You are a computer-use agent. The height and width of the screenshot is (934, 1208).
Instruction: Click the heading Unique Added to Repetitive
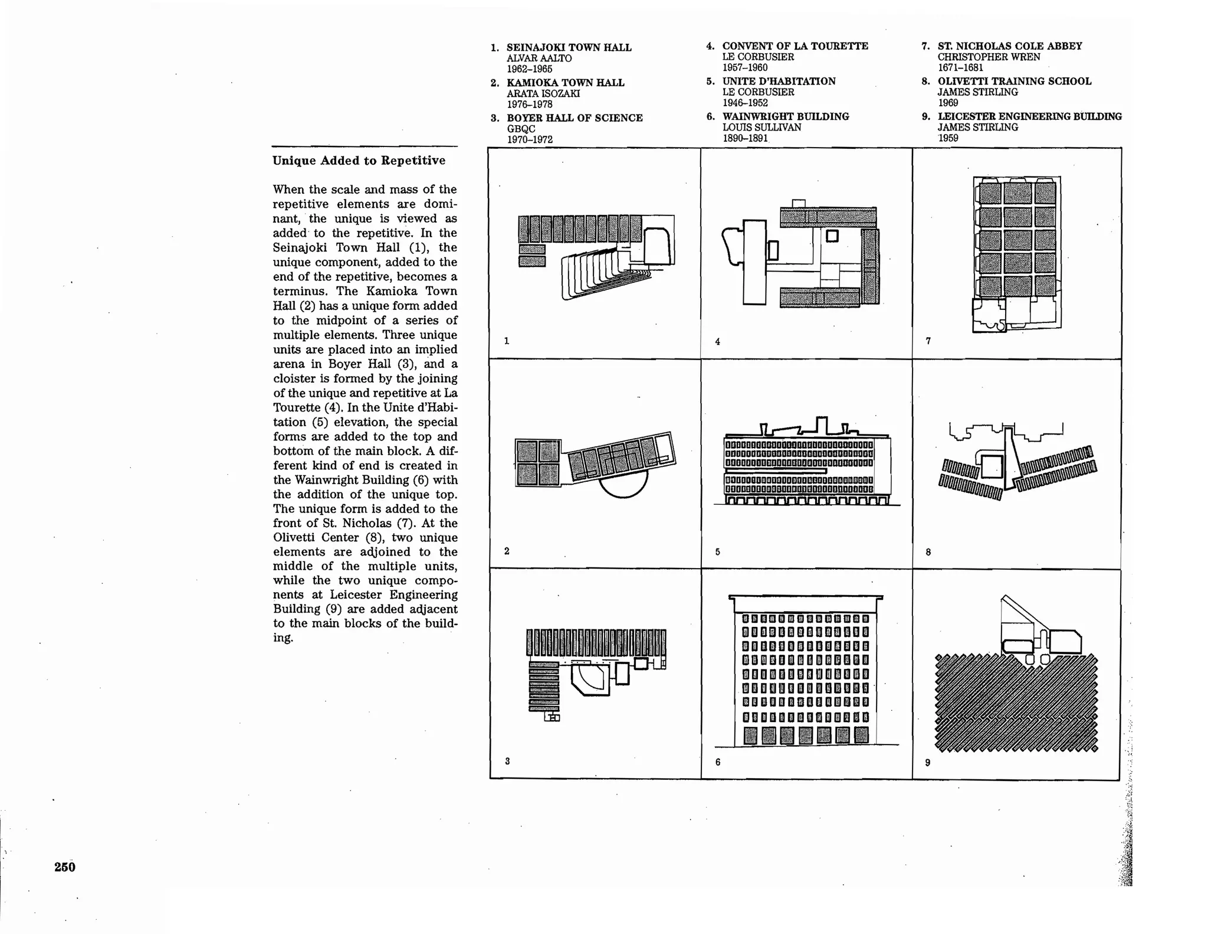(x=359, y=161)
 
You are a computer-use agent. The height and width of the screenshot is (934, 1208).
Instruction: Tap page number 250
(x=65, y=867)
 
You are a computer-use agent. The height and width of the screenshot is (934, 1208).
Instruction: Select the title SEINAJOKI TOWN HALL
(x=569, y=47)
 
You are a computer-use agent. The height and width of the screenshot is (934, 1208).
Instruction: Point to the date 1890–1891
(x=745, y=138)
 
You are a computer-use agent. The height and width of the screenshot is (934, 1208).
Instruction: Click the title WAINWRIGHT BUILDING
(x=785, y=116)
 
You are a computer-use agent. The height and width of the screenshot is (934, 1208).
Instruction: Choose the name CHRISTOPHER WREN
(x=989, y=57)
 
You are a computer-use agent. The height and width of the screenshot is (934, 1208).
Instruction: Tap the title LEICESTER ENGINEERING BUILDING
(x=1029, y=116)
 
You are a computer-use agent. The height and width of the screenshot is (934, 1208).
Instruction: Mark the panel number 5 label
(x=717, y=552)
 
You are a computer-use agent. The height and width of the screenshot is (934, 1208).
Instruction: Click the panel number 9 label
(x=927, y=763)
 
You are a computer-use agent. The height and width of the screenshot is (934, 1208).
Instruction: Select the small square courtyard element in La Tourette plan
(x=832, y=236)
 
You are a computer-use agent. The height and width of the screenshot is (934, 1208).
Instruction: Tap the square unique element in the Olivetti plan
(x=992, y=466)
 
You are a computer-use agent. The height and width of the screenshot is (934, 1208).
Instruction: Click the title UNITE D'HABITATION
(x=779, y=81)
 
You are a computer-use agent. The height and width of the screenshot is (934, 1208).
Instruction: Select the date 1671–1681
(x=960, y=67)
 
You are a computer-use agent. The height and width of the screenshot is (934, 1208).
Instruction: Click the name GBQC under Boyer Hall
(x=521, y=129)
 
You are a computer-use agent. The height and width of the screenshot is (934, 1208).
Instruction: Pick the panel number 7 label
(x=928, y=341)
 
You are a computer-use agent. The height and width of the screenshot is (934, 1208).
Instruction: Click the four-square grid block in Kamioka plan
(x=537, y=463)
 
